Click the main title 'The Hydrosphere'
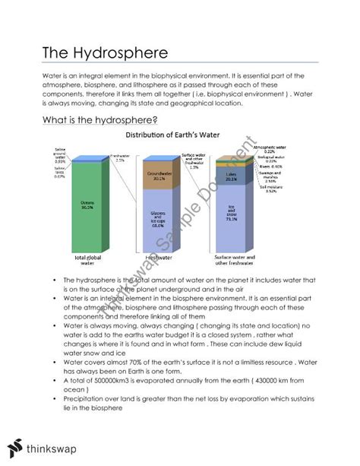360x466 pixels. [94, 53]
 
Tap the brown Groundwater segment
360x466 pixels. [157, 179]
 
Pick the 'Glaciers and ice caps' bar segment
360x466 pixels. [157, 220]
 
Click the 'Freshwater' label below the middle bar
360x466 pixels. [158, 258]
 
